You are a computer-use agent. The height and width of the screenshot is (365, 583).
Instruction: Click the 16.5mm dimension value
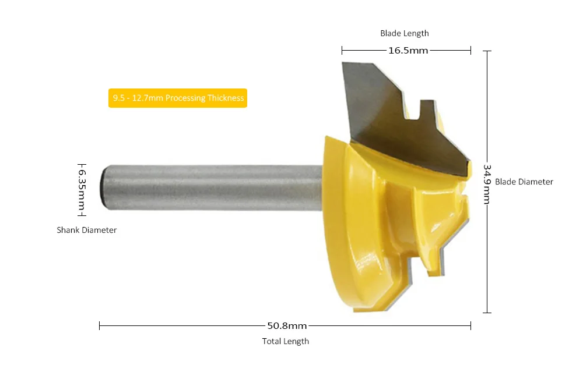(x=408, y=51)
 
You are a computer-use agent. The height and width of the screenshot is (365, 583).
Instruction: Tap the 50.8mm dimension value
(x=287, y=326)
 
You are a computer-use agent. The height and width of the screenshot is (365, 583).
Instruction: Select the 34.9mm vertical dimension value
(x=487, y=184)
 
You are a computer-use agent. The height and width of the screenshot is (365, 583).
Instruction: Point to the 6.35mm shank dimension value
(x=82, y=189)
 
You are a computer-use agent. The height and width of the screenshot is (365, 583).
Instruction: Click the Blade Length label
(x=405, y=33)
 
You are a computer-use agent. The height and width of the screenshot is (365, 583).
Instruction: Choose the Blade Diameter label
(x=524, y=182)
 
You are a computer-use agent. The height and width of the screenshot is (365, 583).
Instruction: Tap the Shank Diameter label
(x=87, y=230)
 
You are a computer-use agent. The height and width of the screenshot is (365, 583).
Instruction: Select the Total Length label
(x=286, y=341)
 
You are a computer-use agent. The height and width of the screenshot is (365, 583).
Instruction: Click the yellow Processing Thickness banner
(x=178, y=98)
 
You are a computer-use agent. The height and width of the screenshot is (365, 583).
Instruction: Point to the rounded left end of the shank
(x=103, y=187)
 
